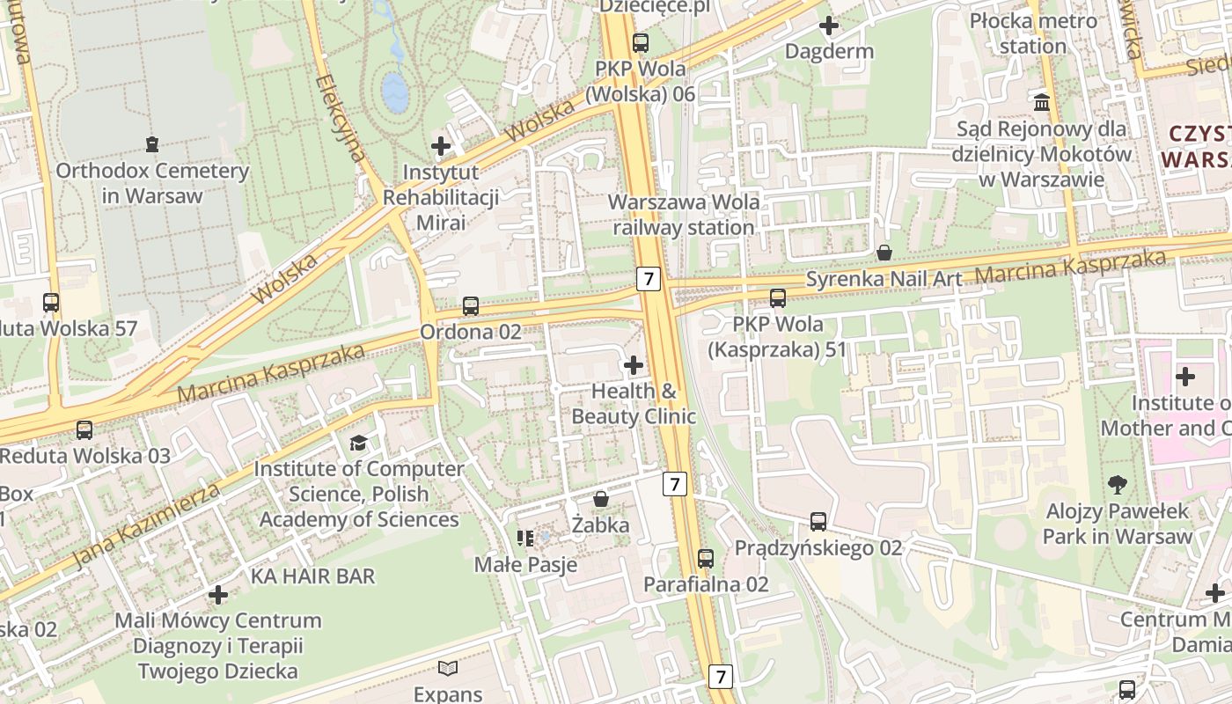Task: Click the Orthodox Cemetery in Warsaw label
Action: [152, 183]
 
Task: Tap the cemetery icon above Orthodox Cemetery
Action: [152, 143]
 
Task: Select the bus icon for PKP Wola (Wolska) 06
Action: [641, 42]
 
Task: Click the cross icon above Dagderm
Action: [828, 26]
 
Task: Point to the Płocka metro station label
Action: [1033, 33]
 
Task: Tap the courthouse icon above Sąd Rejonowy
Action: [1043, 103]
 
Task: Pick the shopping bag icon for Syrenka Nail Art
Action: [884, 253]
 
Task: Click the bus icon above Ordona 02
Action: [471, 306]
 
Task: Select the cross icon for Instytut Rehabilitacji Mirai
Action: [441, 145]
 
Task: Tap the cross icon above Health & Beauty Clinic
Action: [633, 364]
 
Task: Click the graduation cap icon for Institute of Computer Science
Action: [358, 442]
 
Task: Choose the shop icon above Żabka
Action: [601, 499]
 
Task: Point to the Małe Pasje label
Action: [525, 564]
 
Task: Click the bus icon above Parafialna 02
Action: [705, 558]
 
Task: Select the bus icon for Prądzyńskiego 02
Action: [818, 522]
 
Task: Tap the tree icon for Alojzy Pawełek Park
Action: [1118, 483]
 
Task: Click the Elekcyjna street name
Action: [341, 119]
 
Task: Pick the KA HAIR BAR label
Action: [313, 576]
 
